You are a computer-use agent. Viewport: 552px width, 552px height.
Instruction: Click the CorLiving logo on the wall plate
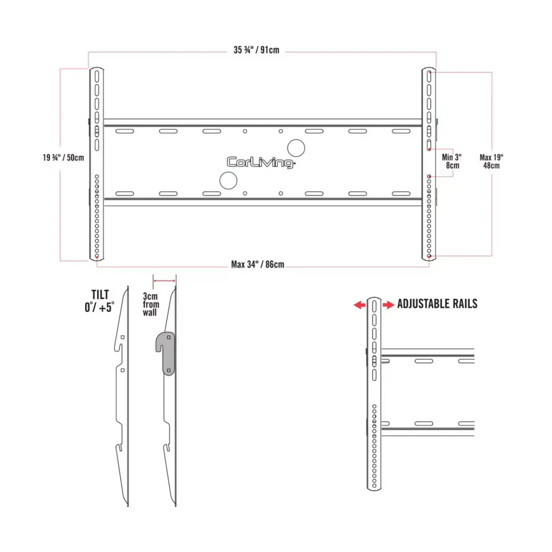click(261, 162)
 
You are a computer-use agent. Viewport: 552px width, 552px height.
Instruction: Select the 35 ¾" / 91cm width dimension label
click(256, 50)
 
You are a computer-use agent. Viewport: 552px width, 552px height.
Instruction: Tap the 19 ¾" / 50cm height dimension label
click(63, 158)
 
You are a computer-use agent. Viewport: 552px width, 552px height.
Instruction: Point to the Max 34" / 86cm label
click(258, 264)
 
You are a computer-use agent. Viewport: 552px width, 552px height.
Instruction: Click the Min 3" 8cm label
click(452, 161)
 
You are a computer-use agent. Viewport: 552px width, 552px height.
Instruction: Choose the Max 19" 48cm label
click(491, 161)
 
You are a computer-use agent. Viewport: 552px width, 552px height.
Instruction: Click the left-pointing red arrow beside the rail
click(360, 305)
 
